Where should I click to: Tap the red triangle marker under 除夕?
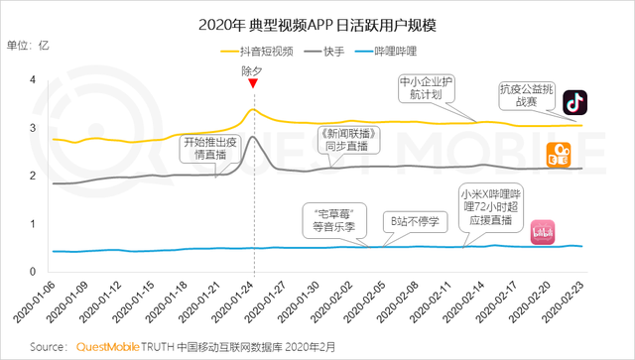[254, 84]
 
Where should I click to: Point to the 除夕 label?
[254, 71]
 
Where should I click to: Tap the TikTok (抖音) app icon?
[575, 102]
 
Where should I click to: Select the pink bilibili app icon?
[543, 231]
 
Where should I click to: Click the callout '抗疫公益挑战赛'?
[527, 95]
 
